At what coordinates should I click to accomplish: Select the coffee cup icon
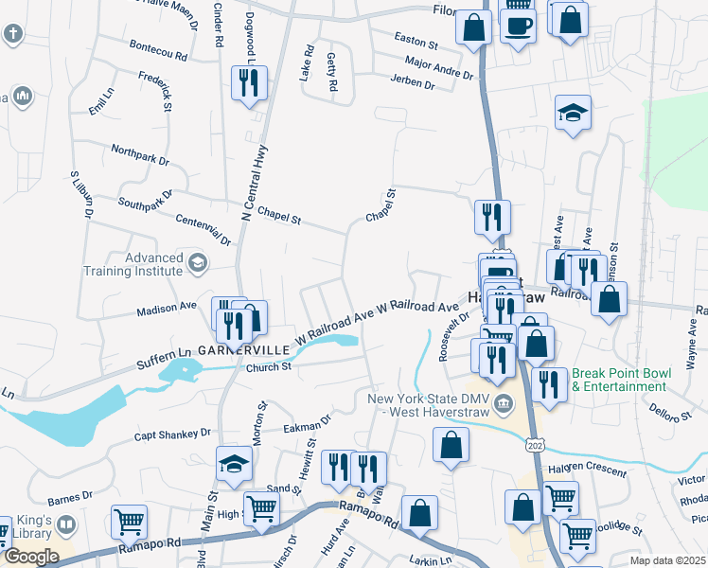[517, 23]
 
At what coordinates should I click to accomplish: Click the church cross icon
[12, 36]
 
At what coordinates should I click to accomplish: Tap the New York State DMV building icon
[504, 404]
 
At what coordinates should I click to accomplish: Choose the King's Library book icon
[66, 524]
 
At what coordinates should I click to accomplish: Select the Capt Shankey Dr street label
[172, 434]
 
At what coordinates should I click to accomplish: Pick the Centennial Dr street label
[204, 230]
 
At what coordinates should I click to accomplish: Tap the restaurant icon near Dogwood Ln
[249, 82]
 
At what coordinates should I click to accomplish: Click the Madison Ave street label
[166, 308]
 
